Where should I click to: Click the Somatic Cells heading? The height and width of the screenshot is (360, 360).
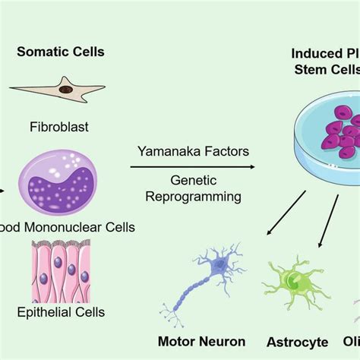click(72, 52)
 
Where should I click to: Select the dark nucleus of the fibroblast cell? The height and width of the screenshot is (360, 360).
click(66, 90)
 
